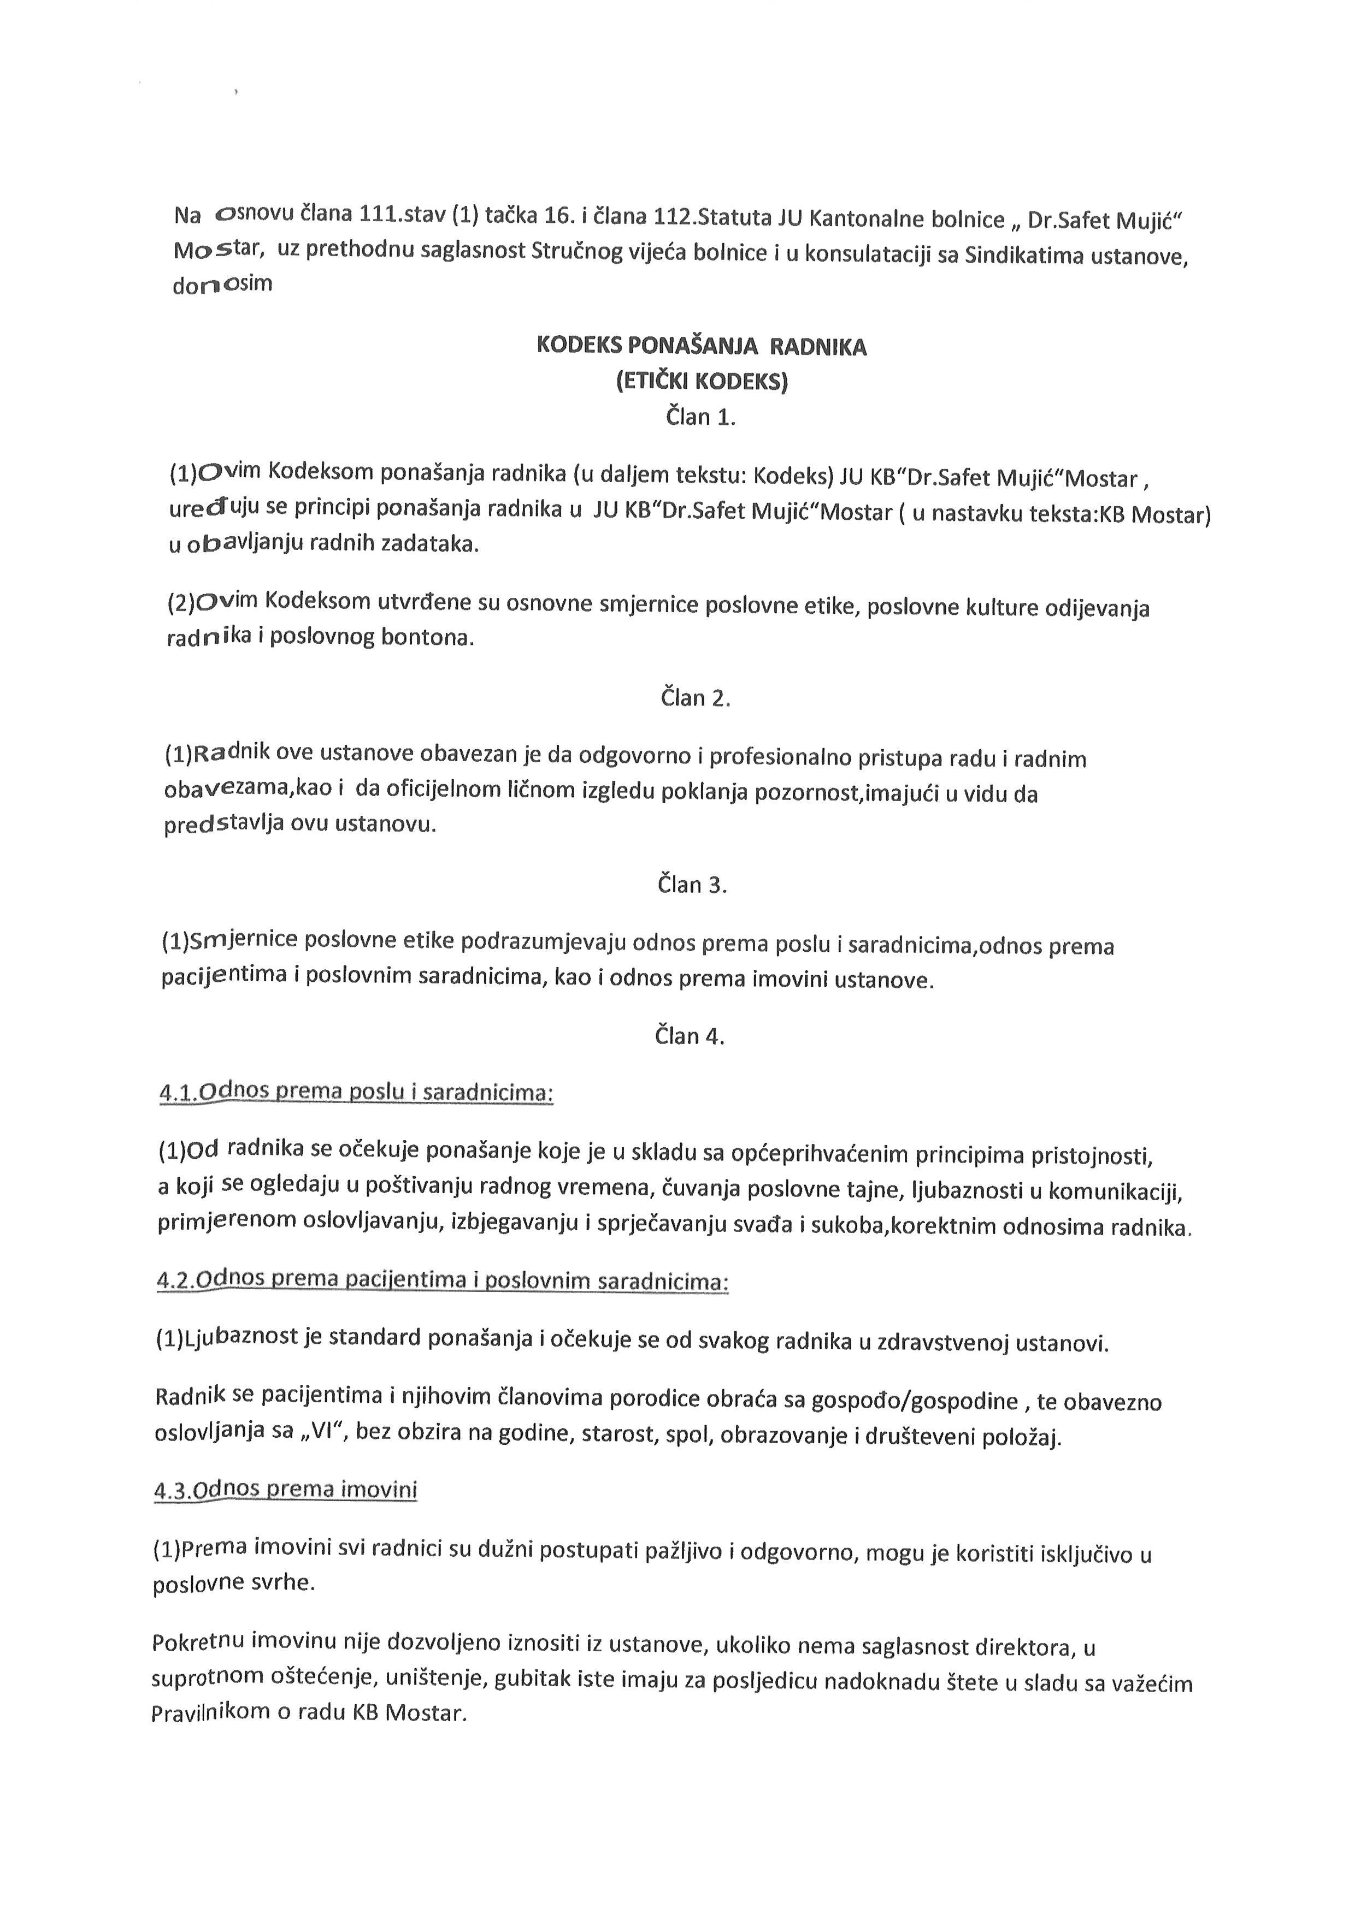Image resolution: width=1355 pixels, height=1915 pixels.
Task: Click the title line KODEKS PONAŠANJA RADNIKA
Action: pos(701,346)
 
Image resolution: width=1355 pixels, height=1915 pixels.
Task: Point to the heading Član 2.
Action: pos(696,697)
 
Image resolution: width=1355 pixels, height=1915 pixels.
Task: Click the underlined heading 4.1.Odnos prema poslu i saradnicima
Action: pos(356,1092)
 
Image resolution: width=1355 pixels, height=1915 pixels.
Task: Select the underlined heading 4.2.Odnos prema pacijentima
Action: pos(442,1280)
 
